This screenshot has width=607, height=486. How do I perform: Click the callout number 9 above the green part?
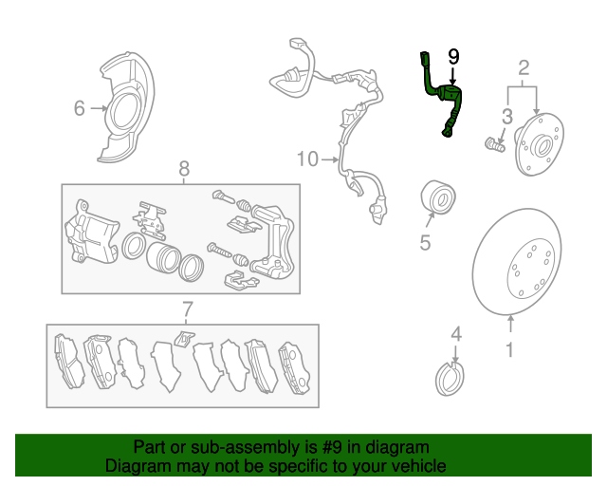tap(453, 57)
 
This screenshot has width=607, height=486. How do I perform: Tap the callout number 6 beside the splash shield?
tap(79, 108)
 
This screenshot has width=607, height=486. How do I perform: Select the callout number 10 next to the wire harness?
tap(307, 159)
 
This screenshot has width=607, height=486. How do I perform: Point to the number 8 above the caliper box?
tap(184, 169)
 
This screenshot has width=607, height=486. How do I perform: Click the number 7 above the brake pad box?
tap(188, 309)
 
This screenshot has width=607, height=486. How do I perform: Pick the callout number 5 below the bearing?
tap(425, 243)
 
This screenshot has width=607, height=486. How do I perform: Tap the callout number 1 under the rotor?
tap(510, 349)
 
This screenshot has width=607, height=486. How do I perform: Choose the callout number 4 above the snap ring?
tap(456, 334)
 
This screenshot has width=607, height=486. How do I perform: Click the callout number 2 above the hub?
tap(524, 67)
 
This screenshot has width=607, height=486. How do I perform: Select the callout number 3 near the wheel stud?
tap(507, 117)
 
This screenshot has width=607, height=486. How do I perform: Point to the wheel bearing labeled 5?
tap(438, 197)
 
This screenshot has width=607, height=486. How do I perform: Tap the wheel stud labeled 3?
tap(495, 145)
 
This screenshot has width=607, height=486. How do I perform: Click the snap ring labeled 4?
tap(450, 379)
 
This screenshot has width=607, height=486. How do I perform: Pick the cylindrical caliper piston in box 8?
tap(163, 257)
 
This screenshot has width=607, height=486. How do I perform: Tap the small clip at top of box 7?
tap(184, 338)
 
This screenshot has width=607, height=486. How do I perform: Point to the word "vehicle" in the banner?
tap(421, 466)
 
